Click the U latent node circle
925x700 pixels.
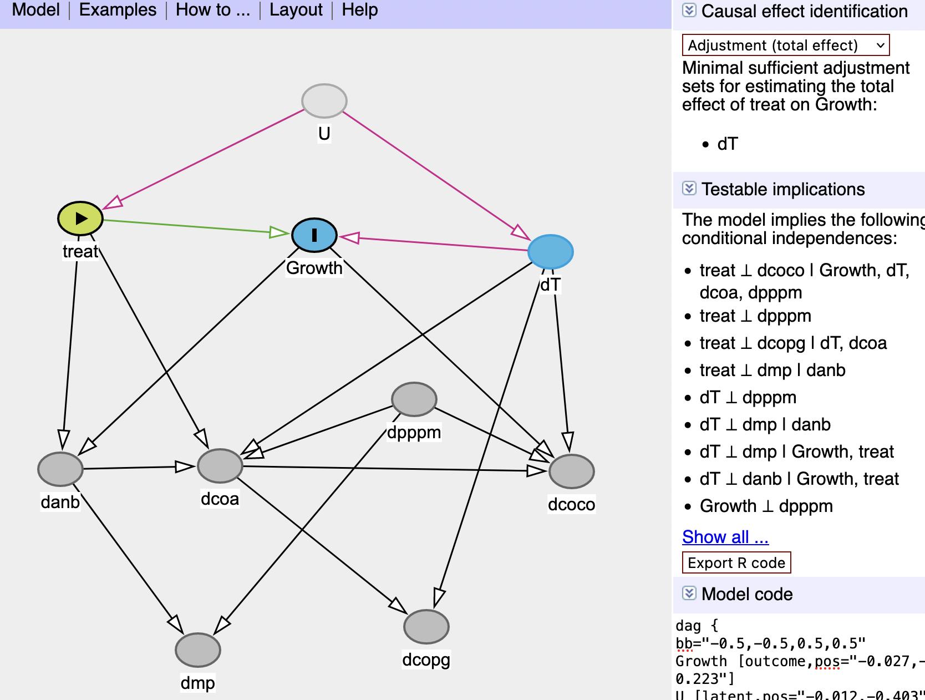click(324, 101)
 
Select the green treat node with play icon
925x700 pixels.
click(80, 219)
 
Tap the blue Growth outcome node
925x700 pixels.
click(314, 235)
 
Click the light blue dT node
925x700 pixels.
click(550, 252)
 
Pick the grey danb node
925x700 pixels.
click(60, 469)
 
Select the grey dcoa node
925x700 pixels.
click(220, 466)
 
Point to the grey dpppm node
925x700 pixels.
click(414, 399)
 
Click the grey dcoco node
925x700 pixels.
click(571, 471)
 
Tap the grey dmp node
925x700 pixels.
click(198, 650)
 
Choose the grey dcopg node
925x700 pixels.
click(426, 627)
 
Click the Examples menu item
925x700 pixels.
click(118, 10)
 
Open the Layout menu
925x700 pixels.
click(296, 10)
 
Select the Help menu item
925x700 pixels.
click(359, 10)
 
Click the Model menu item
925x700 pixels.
click(35, 10)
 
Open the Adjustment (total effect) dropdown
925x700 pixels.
click(785, 45)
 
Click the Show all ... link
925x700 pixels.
click(725, 537)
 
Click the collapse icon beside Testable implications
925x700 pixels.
click(689, 189)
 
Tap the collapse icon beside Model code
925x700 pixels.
click(689, 594)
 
